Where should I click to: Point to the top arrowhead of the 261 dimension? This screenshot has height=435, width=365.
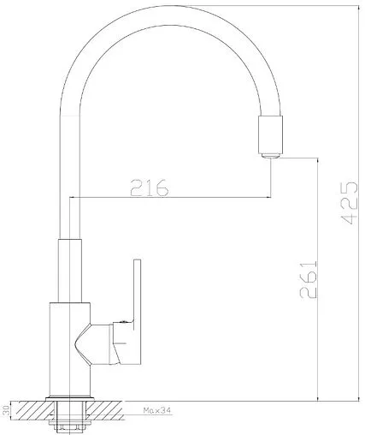pos(319,160)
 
